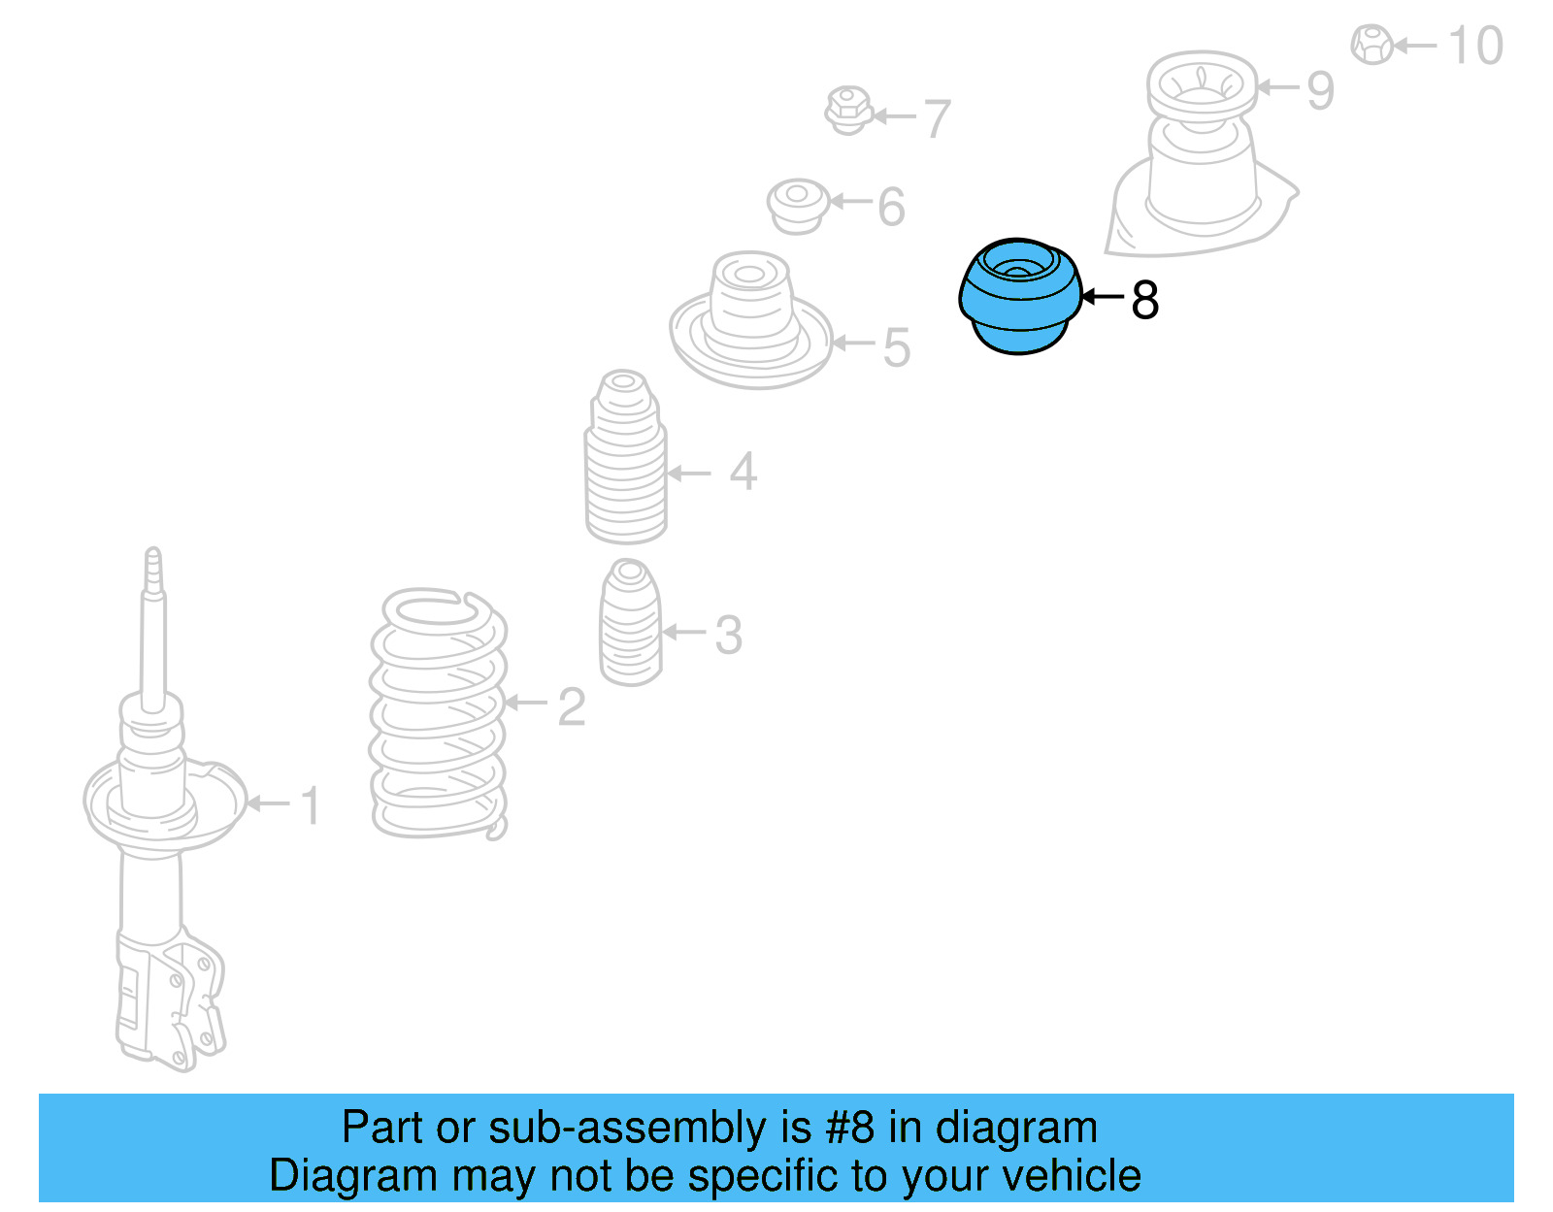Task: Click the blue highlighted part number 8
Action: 1019,297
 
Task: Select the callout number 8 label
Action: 1145,300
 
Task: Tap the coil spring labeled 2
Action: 439,713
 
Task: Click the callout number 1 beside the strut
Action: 310,805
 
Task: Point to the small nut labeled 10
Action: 1371,44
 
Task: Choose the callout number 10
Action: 1475,46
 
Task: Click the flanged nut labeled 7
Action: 847,111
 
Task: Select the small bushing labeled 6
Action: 797,204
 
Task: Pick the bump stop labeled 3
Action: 630,623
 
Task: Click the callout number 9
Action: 1320,90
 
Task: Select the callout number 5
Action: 897,347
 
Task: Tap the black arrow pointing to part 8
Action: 1102,297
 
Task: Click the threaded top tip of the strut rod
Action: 153,568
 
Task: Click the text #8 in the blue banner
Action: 850,1128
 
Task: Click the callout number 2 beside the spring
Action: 572,707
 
